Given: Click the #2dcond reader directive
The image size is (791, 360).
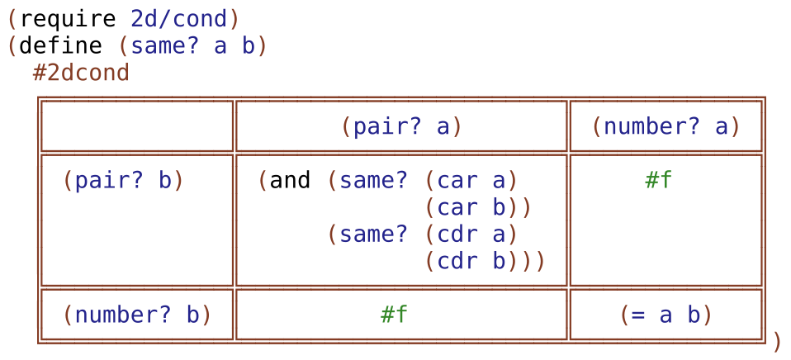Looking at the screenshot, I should (x=81, y=73).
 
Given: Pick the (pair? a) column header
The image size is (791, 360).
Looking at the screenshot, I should (x=401, y=126).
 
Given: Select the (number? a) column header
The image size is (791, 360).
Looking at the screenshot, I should (x=665, y=126).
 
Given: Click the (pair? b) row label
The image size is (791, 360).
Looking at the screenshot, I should (x=124, y=181).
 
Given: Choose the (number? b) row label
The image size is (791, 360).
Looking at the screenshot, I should (x=137, y=314).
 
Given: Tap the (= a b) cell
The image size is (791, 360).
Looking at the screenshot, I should (x=665, y=314).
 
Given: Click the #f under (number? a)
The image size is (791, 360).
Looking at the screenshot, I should (x=658, y=181).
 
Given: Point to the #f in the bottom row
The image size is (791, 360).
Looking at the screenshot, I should (x=394, y=314).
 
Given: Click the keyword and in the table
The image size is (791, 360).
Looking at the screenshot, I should (x=291, y=181).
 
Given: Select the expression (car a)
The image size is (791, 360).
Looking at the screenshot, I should (x=471, y=181).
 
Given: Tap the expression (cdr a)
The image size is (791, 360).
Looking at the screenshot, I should (x=471, y=234).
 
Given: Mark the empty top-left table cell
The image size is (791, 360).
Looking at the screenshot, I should (x=137, y=126).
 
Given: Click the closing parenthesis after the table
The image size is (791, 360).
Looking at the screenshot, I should (x=776, y=340).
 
